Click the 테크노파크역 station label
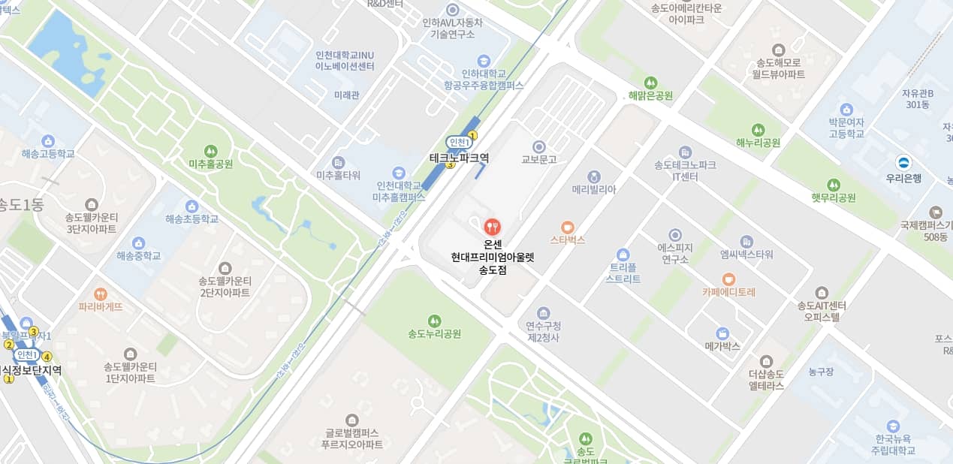pyautogui.click(x=459, y=158)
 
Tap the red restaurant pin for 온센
pyautogui.click(x=492, y=225)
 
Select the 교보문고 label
pyautogui.click(x=538, y=159)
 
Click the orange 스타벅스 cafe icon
pyautogui.click(x=567, y=226)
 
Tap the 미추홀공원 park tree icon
pyautogui.click(x=210, y=150)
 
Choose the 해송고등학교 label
pyautogui.click(x=48, y=154)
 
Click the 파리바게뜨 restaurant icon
pyautogui.click(x=100, y=294)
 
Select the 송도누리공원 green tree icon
pyautogui.click(x=434, y=321)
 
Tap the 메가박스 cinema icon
pyautogui.click(x=722, y=333)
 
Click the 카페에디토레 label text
pyautogui.click(x=728, y=292)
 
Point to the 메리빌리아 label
pyautogui.click(x=593, y=189)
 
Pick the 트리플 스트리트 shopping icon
pyautogui.click(x=622, y=255)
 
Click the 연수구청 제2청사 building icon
pyautogui.click(x=544, y=313)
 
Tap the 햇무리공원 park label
pyautogui.click(x=833, y=198)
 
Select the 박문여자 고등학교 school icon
pyautogui.click(x=846, y=110)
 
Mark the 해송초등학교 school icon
pyautogui.click(x=192, y=206)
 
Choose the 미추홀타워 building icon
pyautogui.click(x=339, y=162)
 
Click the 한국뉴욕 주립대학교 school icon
pyautogui.click(x=892, y=426)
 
